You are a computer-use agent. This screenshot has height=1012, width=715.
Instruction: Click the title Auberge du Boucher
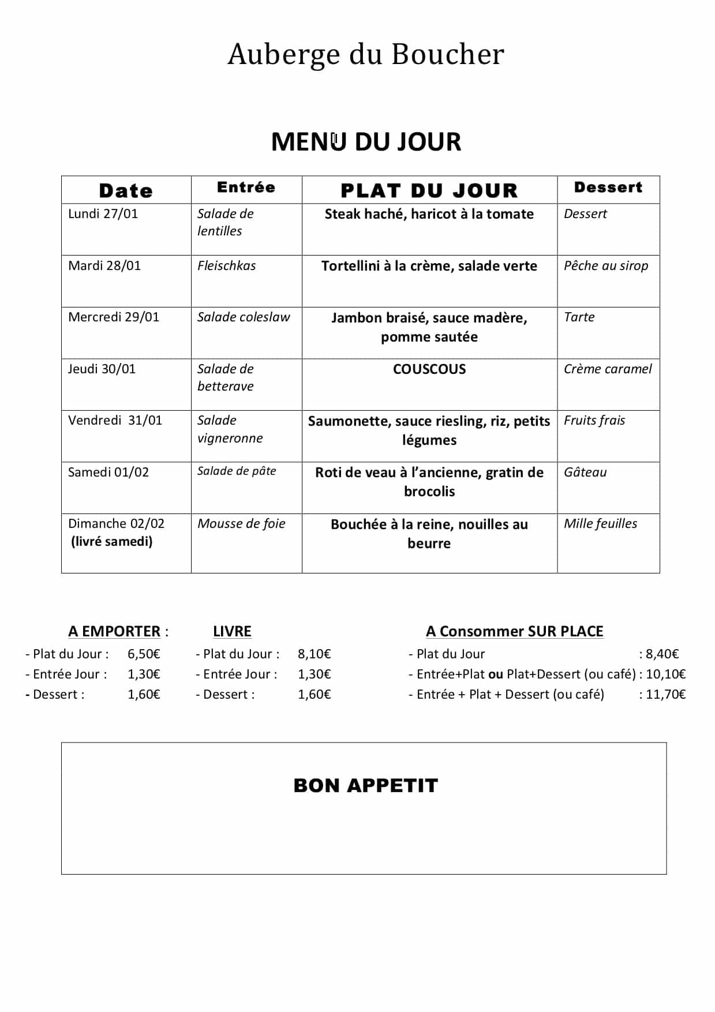[x=366, y=54]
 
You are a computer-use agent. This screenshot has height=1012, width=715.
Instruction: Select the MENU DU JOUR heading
[x=366, y=142]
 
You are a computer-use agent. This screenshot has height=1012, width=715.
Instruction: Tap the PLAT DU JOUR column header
[x=429, y=190]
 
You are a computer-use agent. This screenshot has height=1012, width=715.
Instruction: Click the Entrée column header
[x=246, y=188]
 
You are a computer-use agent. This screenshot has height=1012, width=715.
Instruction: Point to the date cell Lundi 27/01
[x=103, y=214]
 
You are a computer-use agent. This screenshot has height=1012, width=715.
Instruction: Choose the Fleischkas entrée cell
[x=226, y=266]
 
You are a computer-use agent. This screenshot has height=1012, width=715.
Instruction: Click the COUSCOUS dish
[x=429, y=369]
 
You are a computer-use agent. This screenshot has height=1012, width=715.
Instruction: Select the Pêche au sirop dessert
[x=606, y=266]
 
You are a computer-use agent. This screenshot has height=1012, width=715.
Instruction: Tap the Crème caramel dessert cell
[x=608, y=369]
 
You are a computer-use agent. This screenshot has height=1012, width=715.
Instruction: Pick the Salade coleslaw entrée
[x=244, y=317]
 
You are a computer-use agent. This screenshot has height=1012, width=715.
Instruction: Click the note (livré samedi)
[x=112, y=542]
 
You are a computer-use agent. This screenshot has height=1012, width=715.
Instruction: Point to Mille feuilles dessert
[x=600, y=524]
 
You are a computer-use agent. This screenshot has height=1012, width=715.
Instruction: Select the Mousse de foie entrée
[x=241, y=524]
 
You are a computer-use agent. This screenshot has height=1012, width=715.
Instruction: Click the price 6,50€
[x=144, y=654]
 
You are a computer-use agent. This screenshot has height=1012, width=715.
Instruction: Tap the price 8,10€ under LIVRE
[x=315, y=654]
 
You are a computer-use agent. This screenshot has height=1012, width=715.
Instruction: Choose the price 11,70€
[x=665, y=695]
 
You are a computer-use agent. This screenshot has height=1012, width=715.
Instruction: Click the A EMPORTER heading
[x=114, y=632]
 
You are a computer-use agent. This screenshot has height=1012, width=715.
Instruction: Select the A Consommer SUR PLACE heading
[x=515, y=632]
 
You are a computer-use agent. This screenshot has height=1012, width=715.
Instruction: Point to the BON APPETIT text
[x=366, y=786]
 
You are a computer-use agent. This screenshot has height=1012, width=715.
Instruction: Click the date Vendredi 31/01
[x=115, y=421]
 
